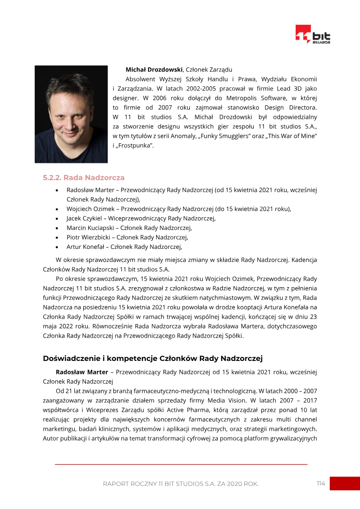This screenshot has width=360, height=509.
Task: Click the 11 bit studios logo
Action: [313, 35]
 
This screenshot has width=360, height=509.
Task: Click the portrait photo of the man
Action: [71, 114]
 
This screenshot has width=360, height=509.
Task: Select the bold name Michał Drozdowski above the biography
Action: [154, 69]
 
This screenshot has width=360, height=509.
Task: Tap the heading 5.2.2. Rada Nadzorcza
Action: [84, 178]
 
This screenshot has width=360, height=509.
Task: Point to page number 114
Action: [320, 483]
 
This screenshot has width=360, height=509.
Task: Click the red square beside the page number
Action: [345, 483]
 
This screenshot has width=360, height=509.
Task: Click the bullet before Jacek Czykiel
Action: [56, 219]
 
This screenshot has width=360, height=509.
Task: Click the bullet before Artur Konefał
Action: [56, 247]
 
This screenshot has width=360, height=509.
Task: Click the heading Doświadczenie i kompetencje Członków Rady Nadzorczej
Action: [153, 358]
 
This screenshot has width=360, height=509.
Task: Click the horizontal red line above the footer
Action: [181, 464]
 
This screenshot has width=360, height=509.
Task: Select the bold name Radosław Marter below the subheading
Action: [82, 372]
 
